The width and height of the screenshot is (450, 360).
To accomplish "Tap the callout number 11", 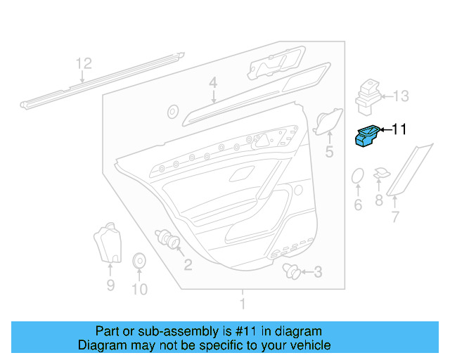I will (x=399, y=129).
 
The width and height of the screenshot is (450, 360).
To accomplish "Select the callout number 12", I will (x=84, y=63).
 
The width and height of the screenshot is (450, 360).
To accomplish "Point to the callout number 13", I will (x=400, y=96).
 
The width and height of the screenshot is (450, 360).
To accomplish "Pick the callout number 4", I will (x=212, y=84).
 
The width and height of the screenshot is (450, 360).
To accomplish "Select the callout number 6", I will (x=357, y=205).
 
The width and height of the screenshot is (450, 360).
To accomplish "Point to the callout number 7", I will (x=394, y=217).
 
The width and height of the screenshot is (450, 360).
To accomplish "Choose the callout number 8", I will (x=379, y=201).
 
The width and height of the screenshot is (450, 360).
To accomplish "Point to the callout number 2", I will (x=188, y=264).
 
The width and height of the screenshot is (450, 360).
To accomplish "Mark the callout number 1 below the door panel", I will (x=243, y=304).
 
